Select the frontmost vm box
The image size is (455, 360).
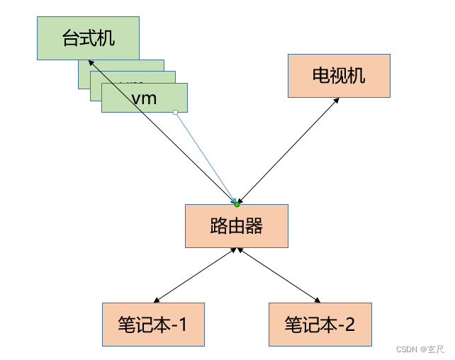tap(145, 98)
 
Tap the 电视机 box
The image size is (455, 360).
tap(339, 75)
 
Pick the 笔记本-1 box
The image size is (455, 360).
tap(153, 325)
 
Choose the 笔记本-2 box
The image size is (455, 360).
tap(320, 325)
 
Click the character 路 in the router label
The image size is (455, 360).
tap(219, 226)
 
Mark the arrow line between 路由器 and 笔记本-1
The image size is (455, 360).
tap(197, 275)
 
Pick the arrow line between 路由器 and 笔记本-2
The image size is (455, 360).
tap(281, 275)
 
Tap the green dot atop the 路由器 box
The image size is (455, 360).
tap(237, 204)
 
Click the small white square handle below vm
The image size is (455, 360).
tap(175, 112)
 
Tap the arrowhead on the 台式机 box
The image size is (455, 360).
tap(93, 63)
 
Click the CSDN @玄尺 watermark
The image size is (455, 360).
tap(420, 349)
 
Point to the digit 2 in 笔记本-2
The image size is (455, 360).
tap(348, 325)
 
